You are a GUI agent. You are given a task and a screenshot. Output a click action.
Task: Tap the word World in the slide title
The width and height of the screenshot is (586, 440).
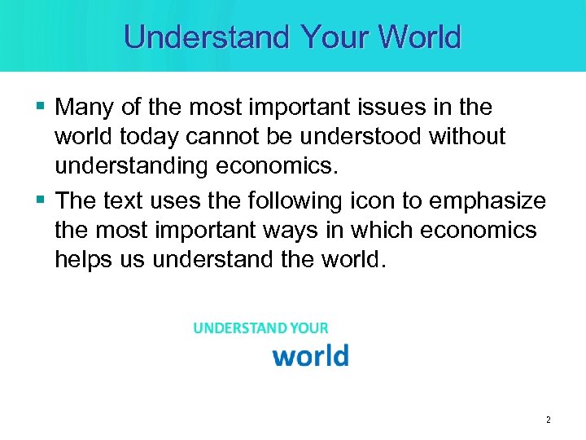[420, 37]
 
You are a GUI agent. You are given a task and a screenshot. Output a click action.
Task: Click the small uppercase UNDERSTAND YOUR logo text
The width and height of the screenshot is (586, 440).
[260, 328]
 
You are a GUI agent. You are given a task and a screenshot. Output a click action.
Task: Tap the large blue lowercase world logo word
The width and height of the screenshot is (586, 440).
[310, 356]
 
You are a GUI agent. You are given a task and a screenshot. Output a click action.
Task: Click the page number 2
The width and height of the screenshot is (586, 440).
[548, 420]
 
